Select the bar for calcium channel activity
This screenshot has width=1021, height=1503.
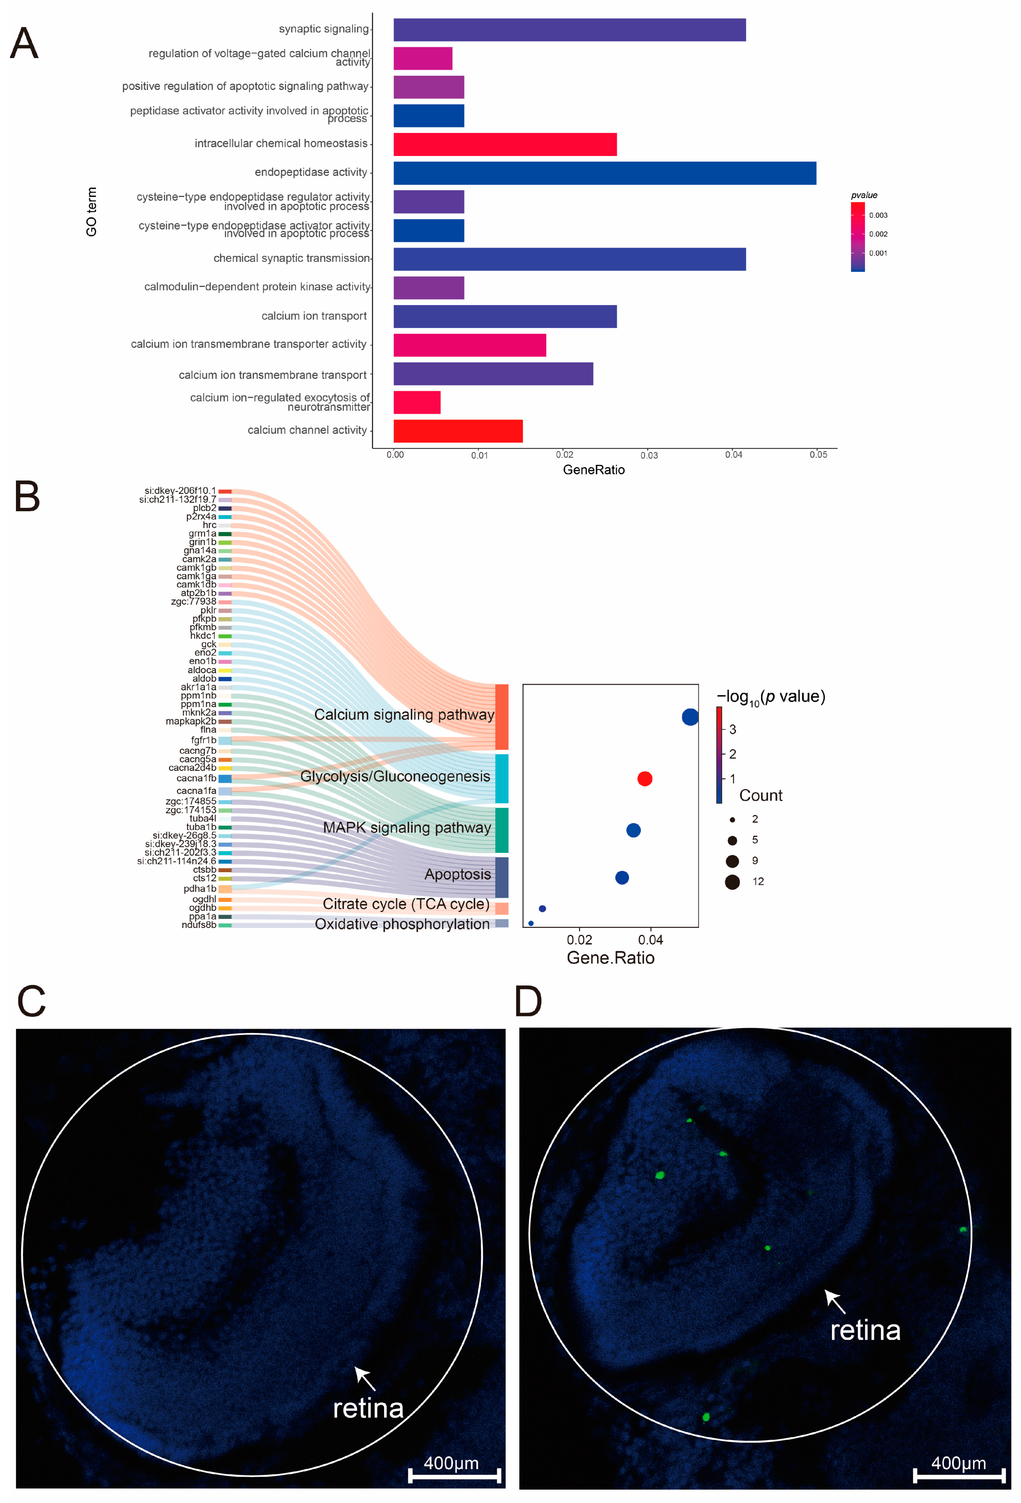click(458, 431)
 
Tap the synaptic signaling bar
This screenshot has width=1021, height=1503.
click(569, 30)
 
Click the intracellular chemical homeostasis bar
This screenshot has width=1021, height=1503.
click(504, 144)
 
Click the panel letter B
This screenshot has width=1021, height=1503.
click(27, 497)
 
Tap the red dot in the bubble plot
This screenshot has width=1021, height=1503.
click(644, 779)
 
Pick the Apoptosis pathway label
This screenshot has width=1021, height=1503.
click(457, 874)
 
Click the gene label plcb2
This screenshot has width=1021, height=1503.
click(204, 508)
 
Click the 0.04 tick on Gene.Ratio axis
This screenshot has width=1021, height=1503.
click(651, 940)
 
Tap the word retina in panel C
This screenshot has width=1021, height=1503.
click(368, 1408)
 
